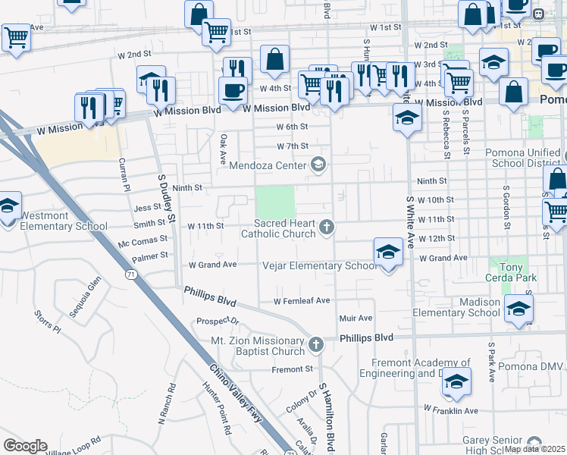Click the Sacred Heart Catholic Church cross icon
click(x=327, y=227)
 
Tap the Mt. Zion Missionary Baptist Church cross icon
click(x=316, y=345)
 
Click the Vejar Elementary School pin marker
click(x=387, y=253)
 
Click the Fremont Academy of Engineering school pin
click(x=456, y=382)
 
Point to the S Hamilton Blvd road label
click(x=327, y=416)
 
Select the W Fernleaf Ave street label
click(x=302, y=301)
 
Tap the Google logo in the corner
click(x=25, y=446)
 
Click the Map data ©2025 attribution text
click(x=534, y=449)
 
